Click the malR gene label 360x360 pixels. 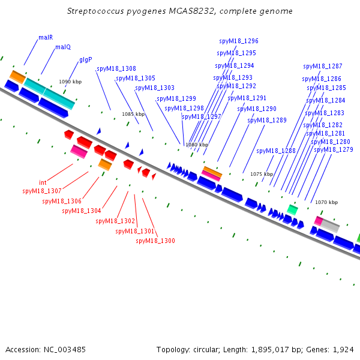pyautogui.click(x=46, y=37)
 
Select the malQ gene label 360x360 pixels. pyautogui.click(x=63, y=47)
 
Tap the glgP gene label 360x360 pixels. pyautogui.click(x=86, y=60)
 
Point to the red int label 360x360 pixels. pyautogui.click(x=43, y=182)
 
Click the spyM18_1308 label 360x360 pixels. pyautogui.click(x=116, y=68)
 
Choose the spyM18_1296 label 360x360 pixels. pyautogui.click(x=239, y=41)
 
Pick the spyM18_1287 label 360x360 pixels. pyautogui.click(x=323, y=67)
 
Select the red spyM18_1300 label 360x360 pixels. pyautogui.click(x=155, y=241)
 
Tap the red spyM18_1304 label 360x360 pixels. pyautogui.click(x=82, y=211)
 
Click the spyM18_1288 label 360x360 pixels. pyautogui.click(x=276, y=151)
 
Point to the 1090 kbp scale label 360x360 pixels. pyautogui.click(x=70, y=82)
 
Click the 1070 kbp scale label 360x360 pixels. pyautogui.click(x=326, y=202)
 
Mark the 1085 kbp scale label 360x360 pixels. pyautogui.click(x=133, y=114)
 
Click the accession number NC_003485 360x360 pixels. pyautogui.click(x=65, y=350)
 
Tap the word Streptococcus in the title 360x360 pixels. pyautogui.click(x=95, y=11)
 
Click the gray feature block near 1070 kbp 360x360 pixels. pyautogui.click(x=330, y=226)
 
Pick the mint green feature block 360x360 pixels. pyautogui.click(x=293, y=209)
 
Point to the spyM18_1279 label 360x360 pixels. pyautogui.click(x=334, y=149)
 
